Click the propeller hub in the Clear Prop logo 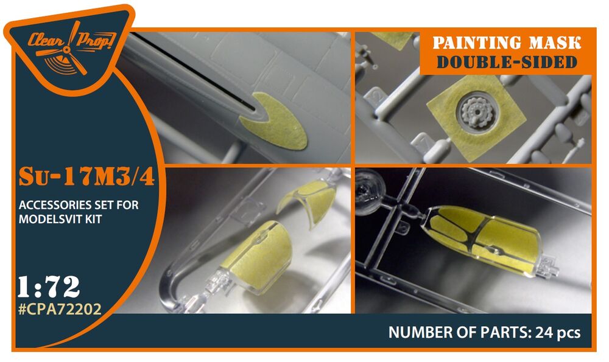click(66, 50)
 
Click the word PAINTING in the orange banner click(473, 43)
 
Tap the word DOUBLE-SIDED click(507, 62)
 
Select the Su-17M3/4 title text click(86, 176)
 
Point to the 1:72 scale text click(49, 287)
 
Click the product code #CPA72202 click(60, 309)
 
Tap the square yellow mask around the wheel click(476, 117)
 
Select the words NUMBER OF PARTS click(460, 333)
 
